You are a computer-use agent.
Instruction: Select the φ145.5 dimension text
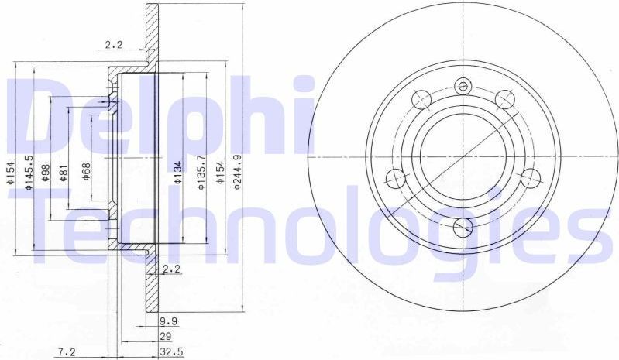(x=29, y=172)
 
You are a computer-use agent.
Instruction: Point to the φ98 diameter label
(x=46, y=172)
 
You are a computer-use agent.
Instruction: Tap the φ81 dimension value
(x=65, y=172)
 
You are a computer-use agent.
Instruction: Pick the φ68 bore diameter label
(x=86, y=171)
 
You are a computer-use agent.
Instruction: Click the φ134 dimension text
(x=177, y=171)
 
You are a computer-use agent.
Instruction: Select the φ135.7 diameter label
(x=201, y=172)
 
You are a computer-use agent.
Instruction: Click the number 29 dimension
(x=165, y=335)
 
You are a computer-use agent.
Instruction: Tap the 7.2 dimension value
(x=67, y=351)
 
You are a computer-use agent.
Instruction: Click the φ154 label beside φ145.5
(x=11, y=172)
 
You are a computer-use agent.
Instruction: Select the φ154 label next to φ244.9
(x=220, y=172)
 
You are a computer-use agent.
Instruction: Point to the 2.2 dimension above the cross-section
(x=114, y=45)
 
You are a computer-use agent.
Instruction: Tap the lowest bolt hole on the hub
(x=463, y=226)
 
